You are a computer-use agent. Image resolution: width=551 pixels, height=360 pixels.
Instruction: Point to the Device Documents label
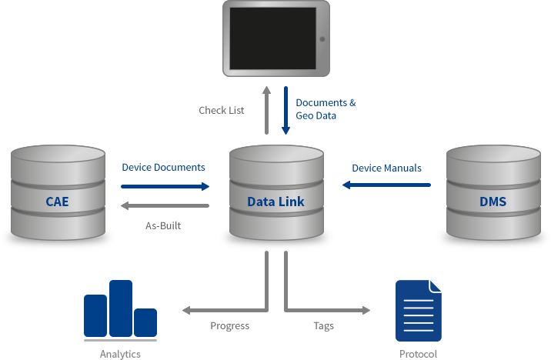[163, 167]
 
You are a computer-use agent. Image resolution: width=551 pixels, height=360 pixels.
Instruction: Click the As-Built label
[162, 225]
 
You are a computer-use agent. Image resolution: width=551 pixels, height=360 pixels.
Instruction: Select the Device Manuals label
[387, 167]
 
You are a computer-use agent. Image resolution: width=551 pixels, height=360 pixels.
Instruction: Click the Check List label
[222, 110]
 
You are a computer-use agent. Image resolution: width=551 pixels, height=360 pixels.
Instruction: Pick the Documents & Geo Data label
[326, 108]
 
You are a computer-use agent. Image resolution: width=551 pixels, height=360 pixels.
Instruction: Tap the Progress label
[230, 325]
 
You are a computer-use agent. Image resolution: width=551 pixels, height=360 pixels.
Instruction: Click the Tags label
[323, 325]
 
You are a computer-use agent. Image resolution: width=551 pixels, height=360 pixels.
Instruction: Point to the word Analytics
[120, 354]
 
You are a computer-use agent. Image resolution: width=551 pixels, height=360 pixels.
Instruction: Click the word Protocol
[418, 354]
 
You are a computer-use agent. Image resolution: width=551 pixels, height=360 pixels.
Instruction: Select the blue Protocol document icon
[419, 311]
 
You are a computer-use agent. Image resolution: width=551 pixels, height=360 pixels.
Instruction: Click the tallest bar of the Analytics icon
[121, 308]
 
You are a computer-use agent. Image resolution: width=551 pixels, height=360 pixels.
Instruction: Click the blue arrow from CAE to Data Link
[165, 185]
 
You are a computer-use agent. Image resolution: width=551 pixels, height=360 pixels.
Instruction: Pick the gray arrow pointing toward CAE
[165, 206]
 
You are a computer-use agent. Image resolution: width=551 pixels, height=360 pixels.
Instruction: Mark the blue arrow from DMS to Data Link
[386, 185]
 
